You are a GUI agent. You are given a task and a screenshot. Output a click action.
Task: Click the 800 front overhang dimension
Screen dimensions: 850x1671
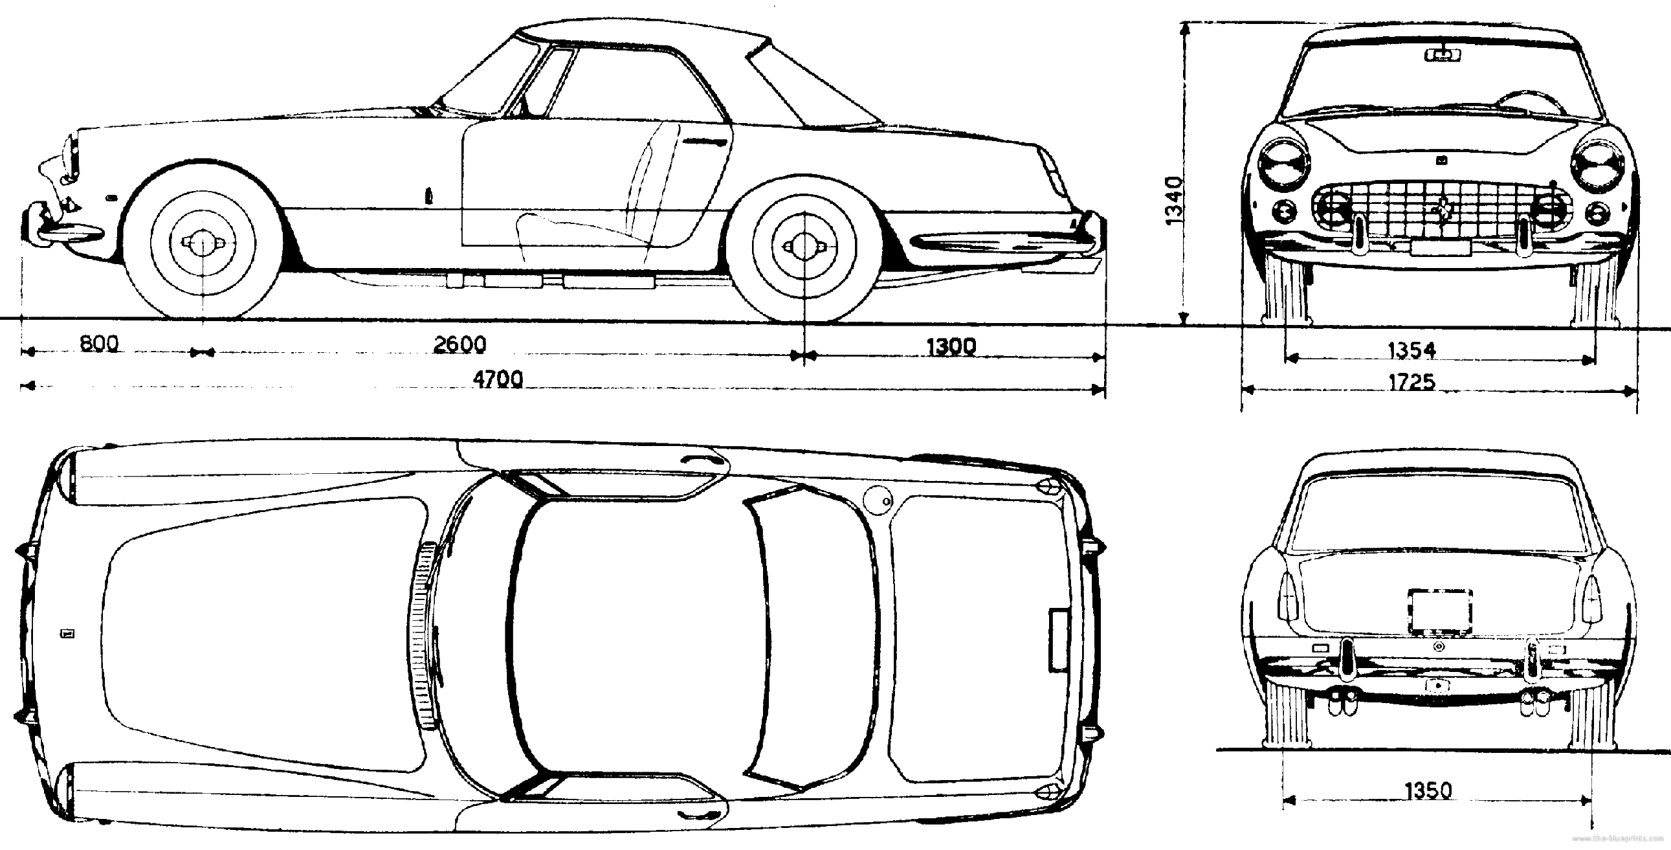point(99,343)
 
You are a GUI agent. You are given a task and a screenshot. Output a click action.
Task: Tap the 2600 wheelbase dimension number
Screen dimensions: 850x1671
point(459,344)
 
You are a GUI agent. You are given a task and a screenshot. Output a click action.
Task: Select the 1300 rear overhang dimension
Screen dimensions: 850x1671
point(950,347)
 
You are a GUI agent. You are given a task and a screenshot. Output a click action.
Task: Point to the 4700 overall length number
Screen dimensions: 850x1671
point(498,379)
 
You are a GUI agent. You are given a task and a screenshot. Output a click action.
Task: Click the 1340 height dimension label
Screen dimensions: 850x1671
point(1174,201)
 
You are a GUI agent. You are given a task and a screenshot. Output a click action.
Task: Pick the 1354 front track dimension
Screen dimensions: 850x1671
point(1411,351)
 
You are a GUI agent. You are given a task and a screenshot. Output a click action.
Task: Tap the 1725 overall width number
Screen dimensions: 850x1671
point(1411,381)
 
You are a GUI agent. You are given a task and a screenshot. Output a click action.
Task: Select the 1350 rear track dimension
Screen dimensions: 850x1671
point(1428,791)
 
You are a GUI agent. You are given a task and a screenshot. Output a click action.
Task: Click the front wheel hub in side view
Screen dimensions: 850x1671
point(203,243)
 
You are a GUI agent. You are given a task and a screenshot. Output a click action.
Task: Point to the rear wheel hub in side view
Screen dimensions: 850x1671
point(804,246)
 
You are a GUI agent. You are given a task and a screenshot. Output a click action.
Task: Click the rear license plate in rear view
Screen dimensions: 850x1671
point(1439,611)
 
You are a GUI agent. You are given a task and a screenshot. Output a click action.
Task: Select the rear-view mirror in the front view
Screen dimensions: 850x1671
point(1442,55)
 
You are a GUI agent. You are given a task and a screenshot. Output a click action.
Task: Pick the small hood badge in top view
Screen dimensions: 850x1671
point(67,633)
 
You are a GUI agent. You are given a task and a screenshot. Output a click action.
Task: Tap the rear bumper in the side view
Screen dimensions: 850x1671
point(1006,243)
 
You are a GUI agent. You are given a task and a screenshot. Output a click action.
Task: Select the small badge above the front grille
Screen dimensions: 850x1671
point(1441,161)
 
